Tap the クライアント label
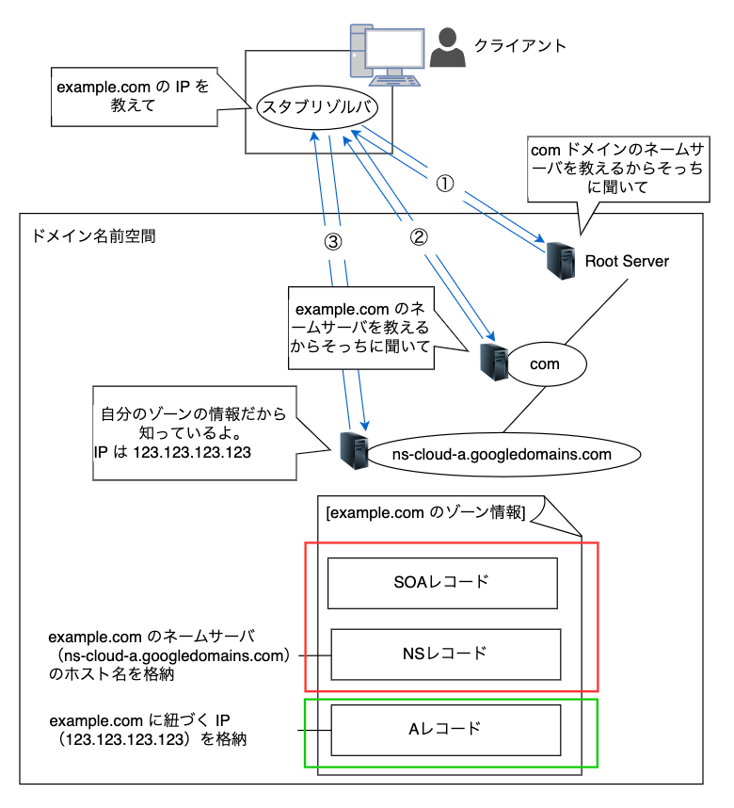pyautogui.click(x=520, y=45)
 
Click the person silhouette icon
pyautogui.click(x=448, y=48)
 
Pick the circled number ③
pyautogui.click(x=332, y=241)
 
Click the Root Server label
pyautogui.click(x=627, y=261)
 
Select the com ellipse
pyautogui.click(x=546, y=364)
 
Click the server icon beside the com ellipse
pyautogui.click(x=493, y=361)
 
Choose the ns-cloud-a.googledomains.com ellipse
pyautogui.click(x=503, y=454)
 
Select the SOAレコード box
pyautogui.click(x=441, y=582)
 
